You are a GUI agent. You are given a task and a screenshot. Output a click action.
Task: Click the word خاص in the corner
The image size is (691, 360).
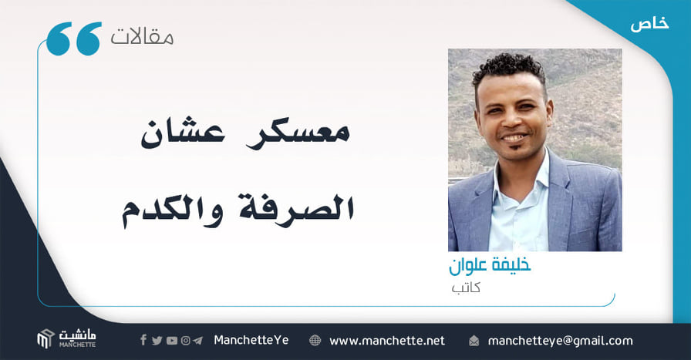coord(649,23)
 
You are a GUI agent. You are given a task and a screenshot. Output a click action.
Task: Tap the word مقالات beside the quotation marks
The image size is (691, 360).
coord(142,36)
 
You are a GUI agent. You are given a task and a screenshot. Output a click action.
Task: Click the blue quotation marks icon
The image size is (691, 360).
coord(73,39)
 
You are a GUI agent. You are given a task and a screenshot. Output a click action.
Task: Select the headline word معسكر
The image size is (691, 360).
coord(298,132)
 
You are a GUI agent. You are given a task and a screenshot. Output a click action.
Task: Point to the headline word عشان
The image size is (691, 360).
coord(183,132)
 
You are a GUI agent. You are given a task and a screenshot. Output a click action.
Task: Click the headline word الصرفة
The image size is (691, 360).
coord(297,208)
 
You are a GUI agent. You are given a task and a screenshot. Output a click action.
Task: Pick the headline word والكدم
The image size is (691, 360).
coord(172,209)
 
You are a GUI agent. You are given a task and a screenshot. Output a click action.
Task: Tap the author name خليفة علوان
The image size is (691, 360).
coord(490,265)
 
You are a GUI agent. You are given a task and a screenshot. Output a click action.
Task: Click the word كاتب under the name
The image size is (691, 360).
coord(466,288)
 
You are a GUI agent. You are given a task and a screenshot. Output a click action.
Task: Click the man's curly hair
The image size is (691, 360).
coord(508,67)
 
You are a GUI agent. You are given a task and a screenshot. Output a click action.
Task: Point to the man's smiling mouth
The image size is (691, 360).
coord(514,137)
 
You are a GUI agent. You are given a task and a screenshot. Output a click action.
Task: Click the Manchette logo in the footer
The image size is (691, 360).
coord(66,339)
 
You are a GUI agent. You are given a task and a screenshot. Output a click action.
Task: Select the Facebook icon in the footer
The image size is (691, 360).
coord(143,340)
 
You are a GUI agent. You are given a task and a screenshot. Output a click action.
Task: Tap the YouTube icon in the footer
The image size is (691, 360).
coord(172,341)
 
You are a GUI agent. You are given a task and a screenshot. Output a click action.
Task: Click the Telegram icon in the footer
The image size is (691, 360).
coord(198,341)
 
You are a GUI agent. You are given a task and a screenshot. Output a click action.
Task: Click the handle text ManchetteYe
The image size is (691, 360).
coord(251,340)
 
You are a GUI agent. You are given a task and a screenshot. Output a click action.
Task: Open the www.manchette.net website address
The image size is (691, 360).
coord(387,341)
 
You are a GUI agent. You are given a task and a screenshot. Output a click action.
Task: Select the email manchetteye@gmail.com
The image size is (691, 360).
coord(560,341)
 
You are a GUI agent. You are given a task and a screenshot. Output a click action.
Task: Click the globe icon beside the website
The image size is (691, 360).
coord(315,341)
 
